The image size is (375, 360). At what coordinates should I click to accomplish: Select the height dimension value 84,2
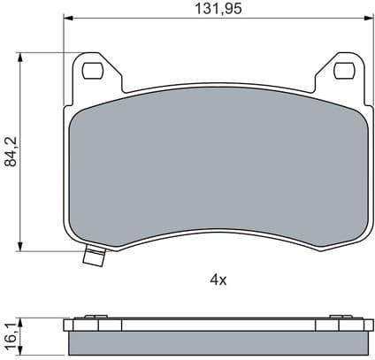point(11,152)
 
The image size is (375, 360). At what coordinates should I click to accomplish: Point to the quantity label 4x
point(218,280)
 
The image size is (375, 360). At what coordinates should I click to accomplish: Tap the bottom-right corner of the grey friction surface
point(359,232)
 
